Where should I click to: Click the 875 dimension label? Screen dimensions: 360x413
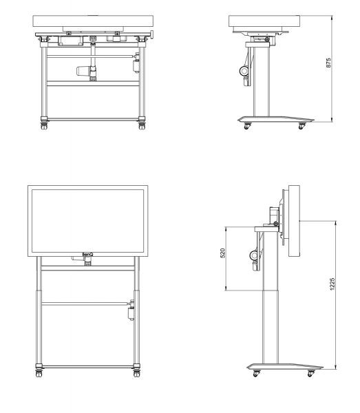point(328,63)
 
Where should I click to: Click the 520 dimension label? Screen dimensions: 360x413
point(222,253)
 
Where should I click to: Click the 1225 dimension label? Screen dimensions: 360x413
point(332,284)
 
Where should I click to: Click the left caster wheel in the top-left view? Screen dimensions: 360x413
point(44,126)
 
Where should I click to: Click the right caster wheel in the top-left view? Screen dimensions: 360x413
point(142,126)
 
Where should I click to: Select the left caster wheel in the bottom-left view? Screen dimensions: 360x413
point(39,374)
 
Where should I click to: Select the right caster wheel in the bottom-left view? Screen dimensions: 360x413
point(136,374)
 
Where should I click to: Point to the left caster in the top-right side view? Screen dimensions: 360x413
point(246,126)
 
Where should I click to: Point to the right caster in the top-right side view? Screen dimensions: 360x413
point(301,126)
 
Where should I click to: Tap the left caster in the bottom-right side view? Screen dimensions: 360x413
point(256,373)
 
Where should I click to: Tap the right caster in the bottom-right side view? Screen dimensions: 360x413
point(311,373)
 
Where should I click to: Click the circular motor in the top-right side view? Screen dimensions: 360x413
point(244,71)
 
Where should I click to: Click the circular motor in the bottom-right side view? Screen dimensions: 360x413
point(254,255)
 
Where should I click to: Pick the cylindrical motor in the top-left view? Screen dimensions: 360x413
point(83,71)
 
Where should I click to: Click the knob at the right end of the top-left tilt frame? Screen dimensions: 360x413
point(152,34)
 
